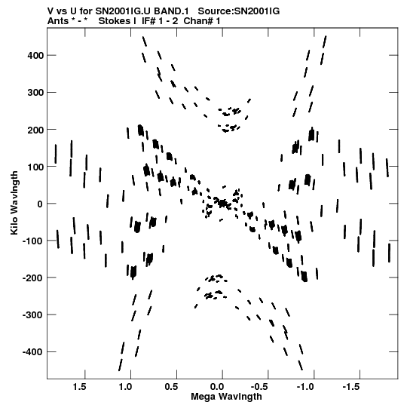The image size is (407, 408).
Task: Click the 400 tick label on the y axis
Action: (36, 55)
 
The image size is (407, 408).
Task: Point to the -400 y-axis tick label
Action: (33, 352)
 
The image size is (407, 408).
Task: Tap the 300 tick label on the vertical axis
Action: (36, 93)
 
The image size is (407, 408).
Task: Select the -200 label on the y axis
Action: (33, 278)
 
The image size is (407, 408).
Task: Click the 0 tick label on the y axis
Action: (40, 204)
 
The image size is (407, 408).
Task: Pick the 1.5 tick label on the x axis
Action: (79, 387)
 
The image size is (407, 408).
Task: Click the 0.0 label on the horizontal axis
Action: (217, 387)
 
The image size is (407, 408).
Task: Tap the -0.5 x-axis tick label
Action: (260, 387)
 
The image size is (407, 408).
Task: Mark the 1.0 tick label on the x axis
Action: (125, 387)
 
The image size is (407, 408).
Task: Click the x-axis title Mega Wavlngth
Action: (226, 397)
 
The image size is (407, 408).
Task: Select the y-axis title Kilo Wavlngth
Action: (14, 203)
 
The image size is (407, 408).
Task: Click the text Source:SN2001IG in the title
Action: (239, 11)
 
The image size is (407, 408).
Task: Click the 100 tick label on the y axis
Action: (36, 167)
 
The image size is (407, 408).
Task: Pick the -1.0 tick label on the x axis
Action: (306, 387)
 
